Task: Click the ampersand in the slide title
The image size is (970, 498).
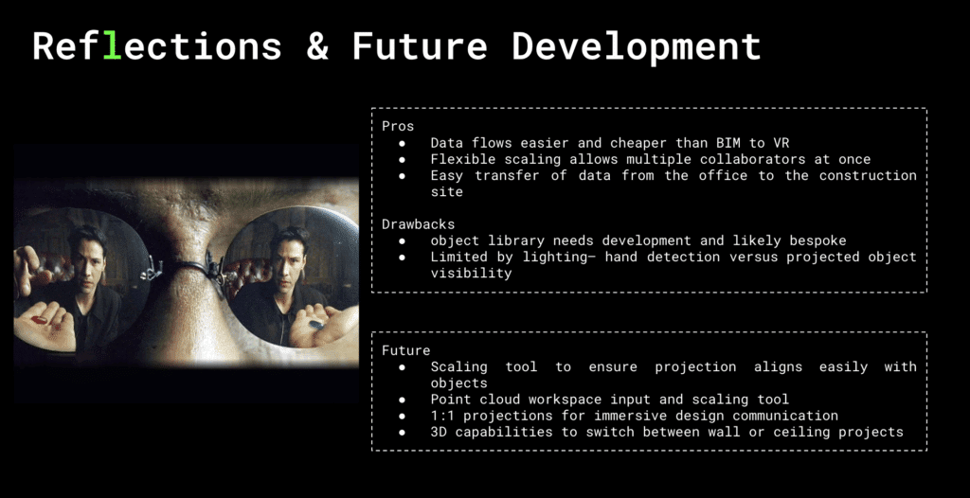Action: pyautogui.click(x=316, y=46)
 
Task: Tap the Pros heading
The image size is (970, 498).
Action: pyautogui.click(x=398, y=126)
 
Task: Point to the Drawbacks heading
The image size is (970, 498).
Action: pyautogui.click(x=418, y=223)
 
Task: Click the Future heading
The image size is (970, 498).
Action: pyautogui.click(x=405, y=350)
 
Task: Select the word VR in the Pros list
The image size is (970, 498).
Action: pyautogui.click(x=781, y=142)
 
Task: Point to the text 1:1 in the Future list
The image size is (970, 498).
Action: pyautogui.click(x=443, y=416)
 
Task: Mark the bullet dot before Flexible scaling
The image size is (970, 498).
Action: pyautogui.click(x=402, y=160)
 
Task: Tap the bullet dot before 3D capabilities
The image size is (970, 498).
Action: pyautogui.click(x=402, y=433)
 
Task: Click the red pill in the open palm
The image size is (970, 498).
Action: pyautogui.click(x=39, y=320)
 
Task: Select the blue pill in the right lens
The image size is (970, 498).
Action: pyautogui.click(x=316, y=324)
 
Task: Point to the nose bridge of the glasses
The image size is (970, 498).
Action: pyautogui.click(x=186, y=267)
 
